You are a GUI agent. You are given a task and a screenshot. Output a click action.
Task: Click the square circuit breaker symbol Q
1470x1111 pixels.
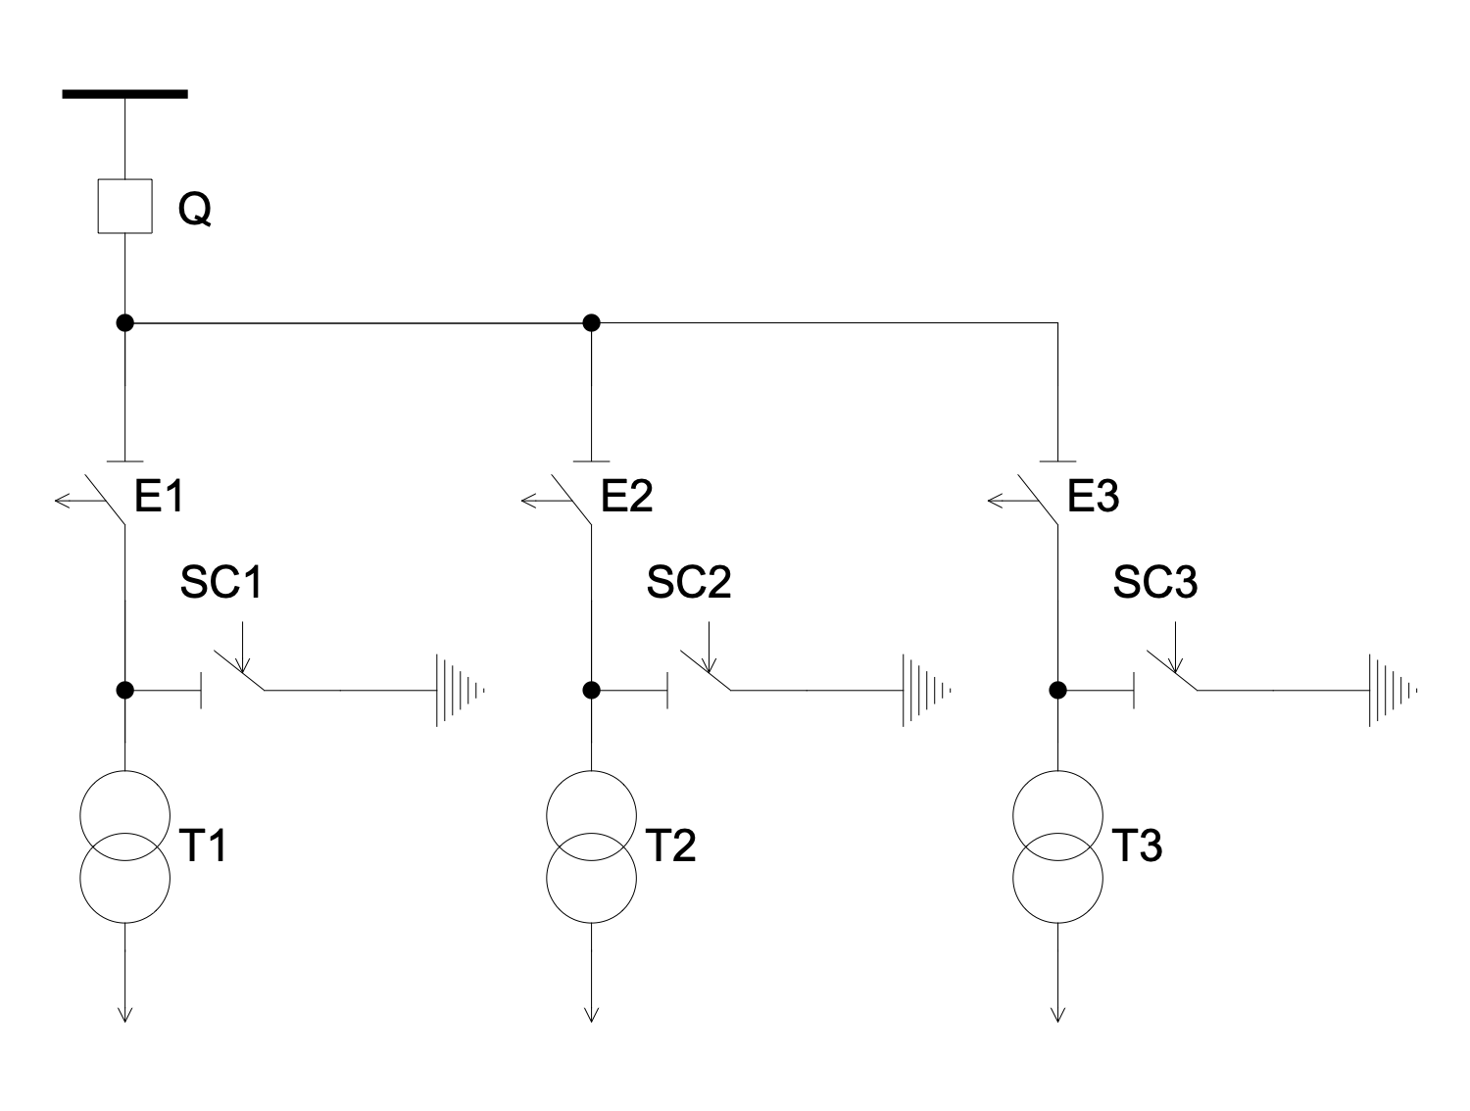[125, 207]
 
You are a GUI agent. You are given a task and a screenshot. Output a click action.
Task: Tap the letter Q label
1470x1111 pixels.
[194, 209]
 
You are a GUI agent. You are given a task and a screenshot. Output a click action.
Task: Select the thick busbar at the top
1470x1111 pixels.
[125, 94]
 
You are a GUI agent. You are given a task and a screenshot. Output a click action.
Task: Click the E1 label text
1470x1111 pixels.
[160, 498]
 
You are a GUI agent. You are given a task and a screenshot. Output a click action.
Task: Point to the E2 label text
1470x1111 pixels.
[626, 498]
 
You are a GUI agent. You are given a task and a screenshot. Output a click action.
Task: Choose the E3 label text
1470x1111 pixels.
[1093, 498]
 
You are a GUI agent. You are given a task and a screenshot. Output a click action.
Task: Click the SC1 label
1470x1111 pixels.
[222, 583]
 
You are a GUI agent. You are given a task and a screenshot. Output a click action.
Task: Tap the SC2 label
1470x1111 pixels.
[689, 583]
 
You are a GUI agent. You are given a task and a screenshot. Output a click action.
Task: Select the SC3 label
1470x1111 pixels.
[1155, 583]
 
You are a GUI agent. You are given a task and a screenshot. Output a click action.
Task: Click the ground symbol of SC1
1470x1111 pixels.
[459, 691]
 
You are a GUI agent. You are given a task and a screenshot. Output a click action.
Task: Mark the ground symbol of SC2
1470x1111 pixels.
[925, 691]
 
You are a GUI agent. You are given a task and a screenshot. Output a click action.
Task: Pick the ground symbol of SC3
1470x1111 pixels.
[1392, 691]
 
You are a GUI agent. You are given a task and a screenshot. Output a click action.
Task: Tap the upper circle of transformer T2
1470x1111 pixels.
[591, 815]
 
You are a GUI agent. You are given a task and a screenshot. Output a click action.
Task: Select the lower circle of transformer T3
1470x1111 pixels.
[1057, 878]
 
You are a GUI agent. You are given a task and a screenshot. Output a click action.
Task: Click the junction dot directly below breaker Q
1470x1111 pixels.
[125, 322]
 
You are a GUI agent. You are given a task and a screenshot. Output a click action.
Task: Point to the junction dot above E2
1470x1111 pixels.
[591, 322]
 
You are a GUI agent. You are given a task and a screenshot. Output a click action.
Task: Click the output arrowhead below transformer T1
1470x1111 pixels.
[125, 1014]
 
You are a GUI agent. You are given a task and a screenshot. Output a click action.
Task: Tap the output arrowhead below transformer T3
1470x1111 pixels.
[1057, 1014]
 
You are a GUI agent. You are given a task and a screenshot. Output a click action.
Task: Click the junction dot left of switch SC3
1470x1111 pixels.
[1057, 690]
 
